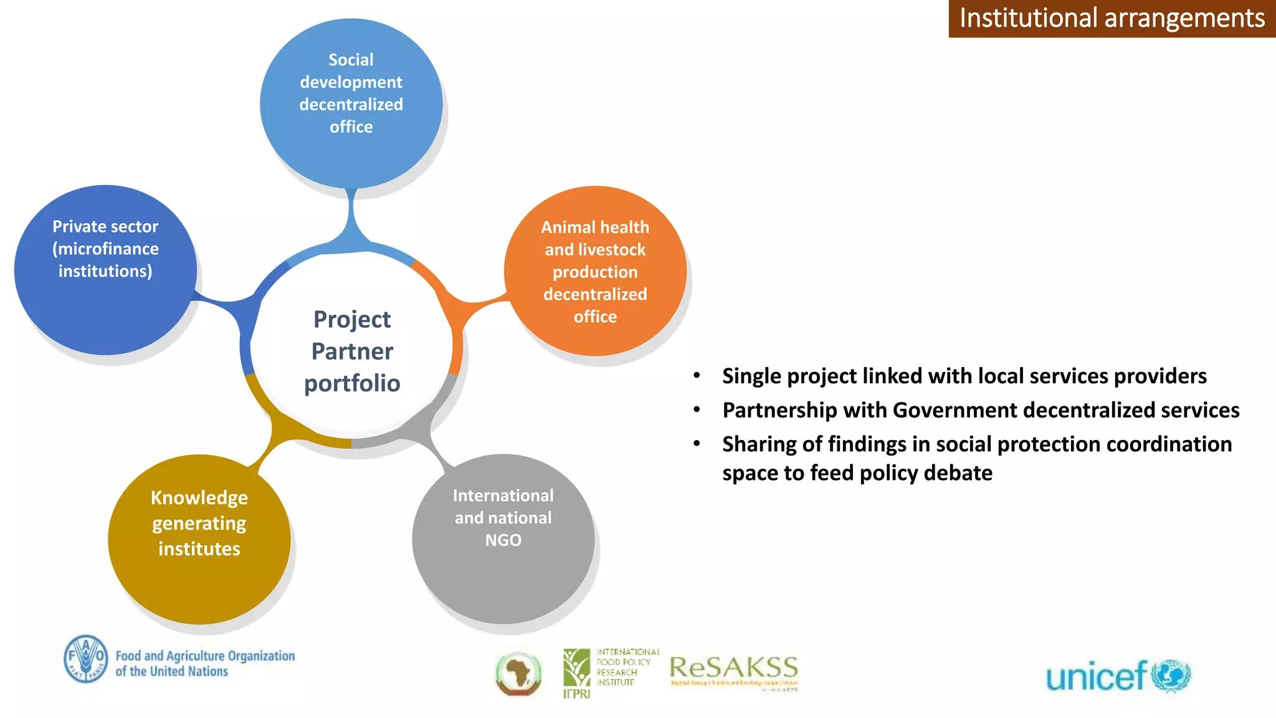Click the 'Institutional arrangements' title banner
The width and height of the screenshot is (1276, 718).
point(1112,18)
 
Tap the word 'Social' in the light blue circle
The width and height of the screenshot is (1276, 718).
point(351,60)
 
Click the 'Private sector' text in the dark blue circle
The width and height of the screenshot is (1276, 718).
point(105,226)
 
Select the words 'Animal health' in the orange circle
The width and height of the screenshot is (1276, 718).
point(595,227)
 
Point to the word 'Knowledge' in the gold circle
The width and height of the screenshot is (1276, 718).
point(199,498)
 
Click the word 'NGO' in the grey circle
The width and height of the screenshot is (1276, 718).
point(503,540)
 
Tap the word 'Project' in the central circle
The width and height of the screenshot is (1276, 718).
point(352,320)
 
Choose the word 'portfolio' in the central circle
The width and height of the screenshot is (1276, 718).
point(352,383)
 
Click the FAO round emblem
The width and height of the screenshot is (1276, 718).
point(85,659)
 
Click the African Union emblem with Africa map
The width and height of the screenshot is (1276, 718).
point(518,674)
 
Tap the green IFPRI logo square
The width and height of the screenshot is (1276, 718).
point(576,668)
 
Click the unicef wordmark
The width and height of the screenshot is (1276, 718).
point(1096,677)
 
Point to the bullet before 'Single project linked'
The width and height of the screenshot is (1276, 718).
point(697,376)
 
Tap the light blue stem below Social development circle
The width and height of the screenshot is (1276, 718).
point(352,215)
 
